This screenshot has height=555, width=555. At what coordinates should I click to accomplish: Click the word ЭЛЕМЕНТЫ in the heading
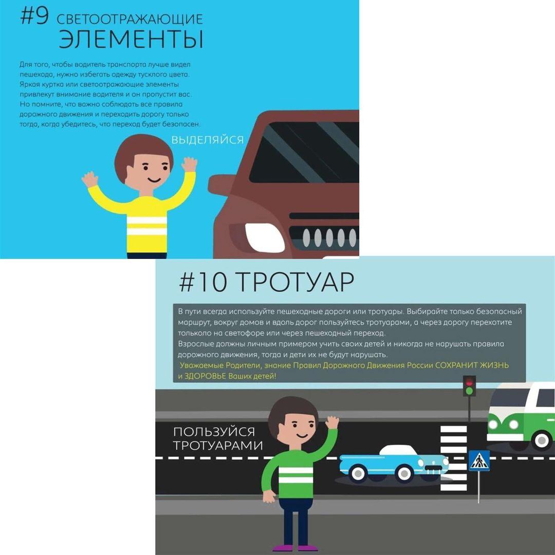pos(131,39)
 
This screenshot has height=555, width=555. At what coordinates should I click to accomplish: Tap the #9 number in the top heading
pos(34,16)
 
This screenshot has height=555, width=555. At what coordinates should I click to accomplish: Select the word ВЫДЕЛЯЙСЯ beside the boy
pos(208,140)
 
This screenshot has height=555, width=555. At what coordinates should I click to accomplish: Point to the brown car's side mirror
pos(221,185)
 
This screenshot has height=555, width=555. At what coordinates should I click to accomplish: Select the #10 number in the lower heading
pos(202,283)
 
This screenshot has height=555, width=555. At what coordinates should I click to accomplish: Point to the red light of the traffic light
pos(469,382)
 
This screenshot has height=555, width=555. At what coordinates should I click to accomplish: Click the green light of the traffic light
pos(469,391)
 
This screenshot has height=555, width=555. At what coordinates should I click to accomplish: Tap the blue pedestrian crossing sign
pos(479,460)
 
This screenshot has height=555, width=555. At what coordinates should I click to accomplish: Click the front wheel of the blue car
pos(403,473)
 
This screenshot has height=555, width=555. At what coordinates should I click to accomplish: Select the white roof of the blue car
pos(398,450)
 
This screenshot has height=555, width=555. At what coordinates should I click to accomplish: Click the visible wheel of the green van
pos(542,440)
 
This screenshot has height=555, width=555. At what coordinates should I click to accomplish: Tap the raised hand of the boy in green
pos(332,422)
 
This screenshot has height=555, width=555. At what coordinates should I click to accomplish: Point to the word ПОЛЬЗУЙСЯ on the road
pos(214,432)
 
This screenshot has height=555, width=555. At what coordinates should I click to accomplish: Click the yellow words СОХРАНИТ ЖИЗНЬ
pos(472,365)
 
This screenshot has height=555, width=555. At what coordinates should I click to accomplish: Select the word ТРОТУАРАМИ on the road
pos(218,445)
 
